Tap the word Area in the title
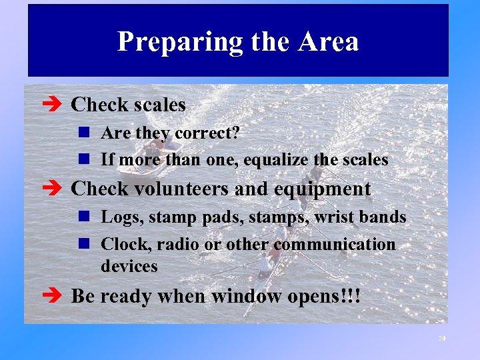329,41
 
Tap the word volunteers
183,189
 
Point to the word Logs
121,217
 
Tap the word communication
334,244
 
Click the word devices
129,266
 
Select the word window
231,295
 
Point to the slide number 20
441,339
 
